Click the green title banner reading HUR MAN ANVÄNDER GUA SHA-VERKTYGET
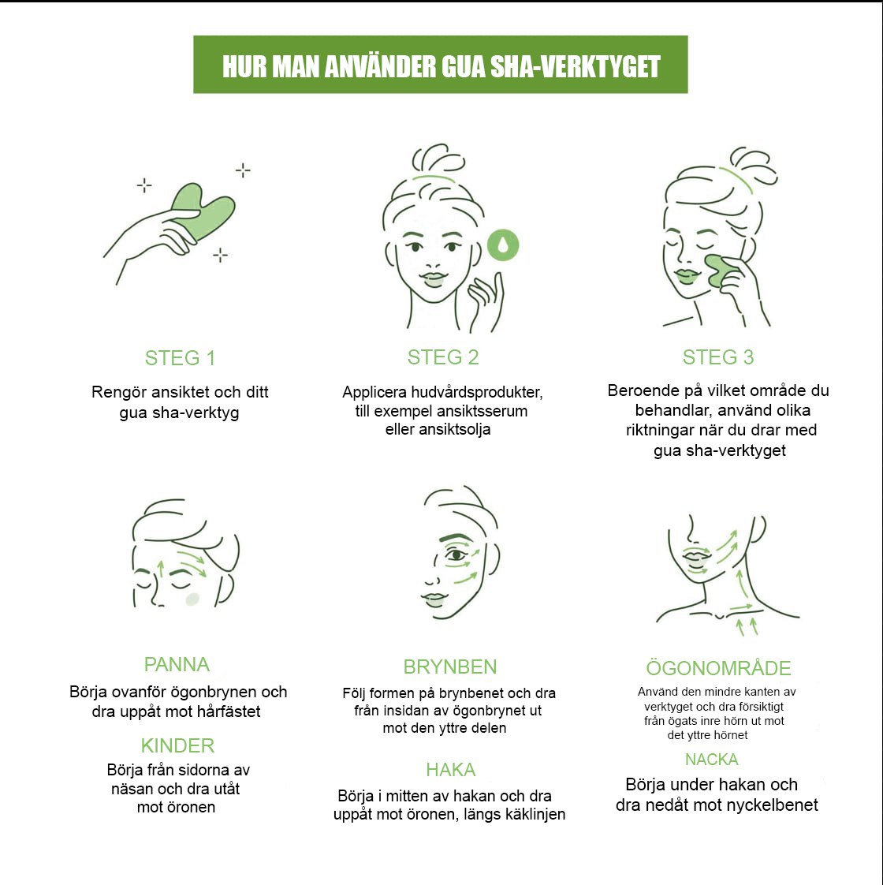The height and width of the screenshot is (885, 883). click(x=440, y=65)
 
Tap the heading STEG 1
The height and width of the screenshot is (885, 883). click(x=180, y=358)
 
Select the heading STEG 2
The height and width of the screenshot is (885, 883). click(x=443, y=357)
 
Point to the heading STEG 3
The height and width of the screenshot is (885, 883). click(x=717, y=357)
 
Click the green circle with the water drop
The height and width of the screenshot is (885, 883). click(x=503, y=245)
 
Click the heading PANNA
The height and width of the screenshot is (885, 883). click(x=177, y=664)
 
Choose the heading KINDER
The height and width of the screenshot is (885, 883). click(x=177, y=745)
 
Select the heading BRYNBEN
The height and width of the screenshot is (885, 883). click(x=449, y=667)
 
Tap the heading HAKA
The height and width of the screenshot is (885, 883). click(x=451, y=769)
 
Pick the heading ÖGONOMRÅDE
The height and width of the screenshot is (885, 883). click(x=718, y=668)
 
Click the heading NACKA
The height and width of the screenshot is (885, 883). click(x=711, y=759)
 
